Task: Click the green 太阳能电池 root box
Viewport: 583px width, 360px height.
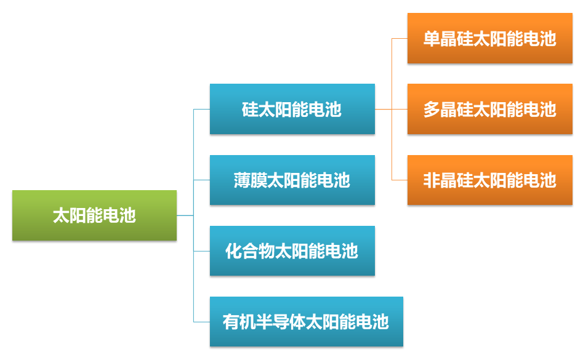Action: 94,215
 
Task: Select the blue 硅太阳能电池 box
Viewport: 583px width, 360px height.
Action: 292,109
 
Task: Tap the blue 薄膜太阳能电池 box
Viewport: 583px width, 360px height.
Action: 292,180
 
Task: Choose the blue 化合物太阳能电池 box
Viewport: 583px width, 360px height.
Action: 292,250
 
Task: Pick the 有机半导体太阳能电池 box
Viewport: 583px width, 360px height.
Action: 306,321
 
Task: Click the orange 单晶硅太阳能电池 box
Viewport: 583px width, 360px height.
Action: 489,38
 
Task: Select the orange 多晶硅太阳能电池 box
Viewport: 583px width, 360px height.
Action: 489,109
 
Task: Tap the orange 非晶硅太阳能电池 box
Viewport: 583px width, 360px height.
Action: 489,180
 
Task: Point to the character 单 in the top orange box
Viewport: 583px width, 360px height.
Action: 432,39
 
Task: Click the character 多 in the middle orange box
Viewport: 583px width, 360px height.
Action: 432,110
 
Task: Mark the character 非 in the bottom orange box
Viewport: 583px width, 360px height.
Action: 432,180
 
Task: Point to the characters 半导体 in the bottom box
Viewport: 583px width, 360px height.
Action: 280,322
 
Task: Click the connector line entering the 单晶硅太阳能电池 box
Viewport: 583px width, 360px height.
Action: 400,38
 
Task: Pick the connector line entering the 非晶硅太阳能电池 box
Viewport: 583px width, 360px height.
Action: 400,180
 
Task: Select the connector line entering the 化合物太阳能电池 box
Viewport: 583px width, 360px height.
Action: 201,250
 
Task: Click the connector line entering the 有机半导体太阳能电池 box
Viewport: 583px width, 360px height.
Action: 201,321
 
